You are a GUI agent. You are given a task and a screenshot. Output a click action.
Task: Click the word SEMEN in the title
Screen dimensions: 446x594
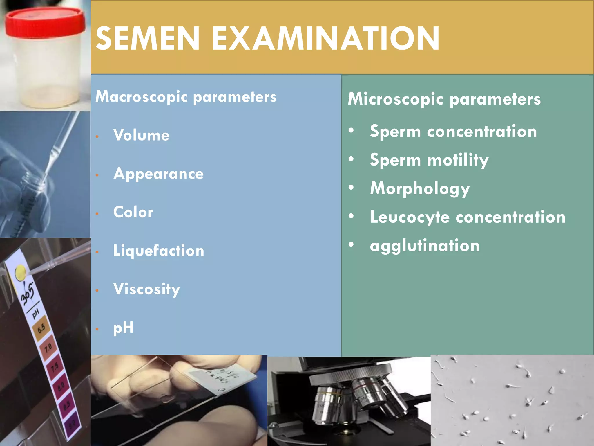click(x=148, y=39)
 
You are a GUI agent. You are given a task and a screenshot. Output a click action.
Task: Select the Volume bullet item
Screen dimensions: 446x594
click(x=141, y=135)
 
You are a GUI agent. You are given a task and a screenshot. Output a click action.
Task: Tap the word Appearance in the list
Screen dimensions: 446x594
click(x=158, y=174)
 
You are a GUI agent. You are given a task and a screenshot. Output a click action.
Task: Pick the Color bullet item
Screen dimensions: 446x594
click(x=133, y=212)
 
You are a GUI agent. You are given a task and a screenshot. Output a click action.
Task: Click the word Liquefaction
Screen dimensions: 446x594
click(x=159, y=251)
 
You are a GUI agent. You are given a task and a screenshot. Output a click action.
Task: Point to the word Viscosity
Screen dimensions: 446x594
click(x=146, y=289)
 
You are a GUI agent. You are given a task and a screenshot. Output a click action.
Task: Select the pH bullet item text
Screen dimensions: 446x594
click(x=123, y=328)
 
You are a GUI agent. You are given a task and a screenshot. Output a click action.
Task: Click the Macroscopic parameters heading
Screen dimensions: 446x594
click(x=186, y=97)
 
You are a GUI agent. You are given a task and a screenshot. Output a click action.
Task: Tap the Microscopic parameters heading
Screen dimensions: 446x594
click(x=444, y=99)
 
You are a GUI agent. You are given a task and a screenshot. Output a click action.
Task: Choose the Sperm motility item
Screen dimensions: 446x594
click(x=429, y=160)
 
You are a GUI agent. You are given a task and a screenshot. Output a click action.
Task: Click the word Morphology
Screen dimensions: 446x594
click(x=420, y=189)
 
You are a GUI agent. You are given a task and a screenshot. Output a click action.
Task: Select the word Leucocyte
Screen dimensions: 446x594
click(x=410, y=217)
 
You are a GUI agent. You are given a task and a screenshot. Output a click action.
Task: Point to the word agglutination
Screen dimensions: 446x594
click(x=425, y=246)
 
